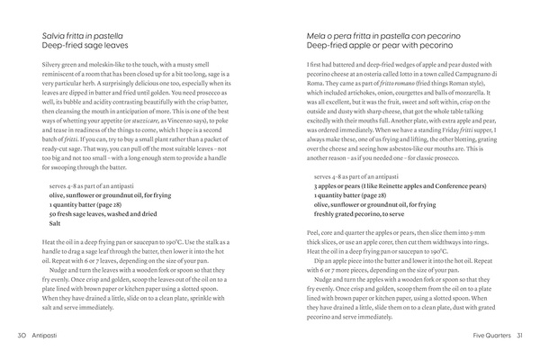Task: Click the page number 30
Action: tap(21, 336)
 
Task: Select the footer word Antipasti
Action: tap(48, 336)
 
